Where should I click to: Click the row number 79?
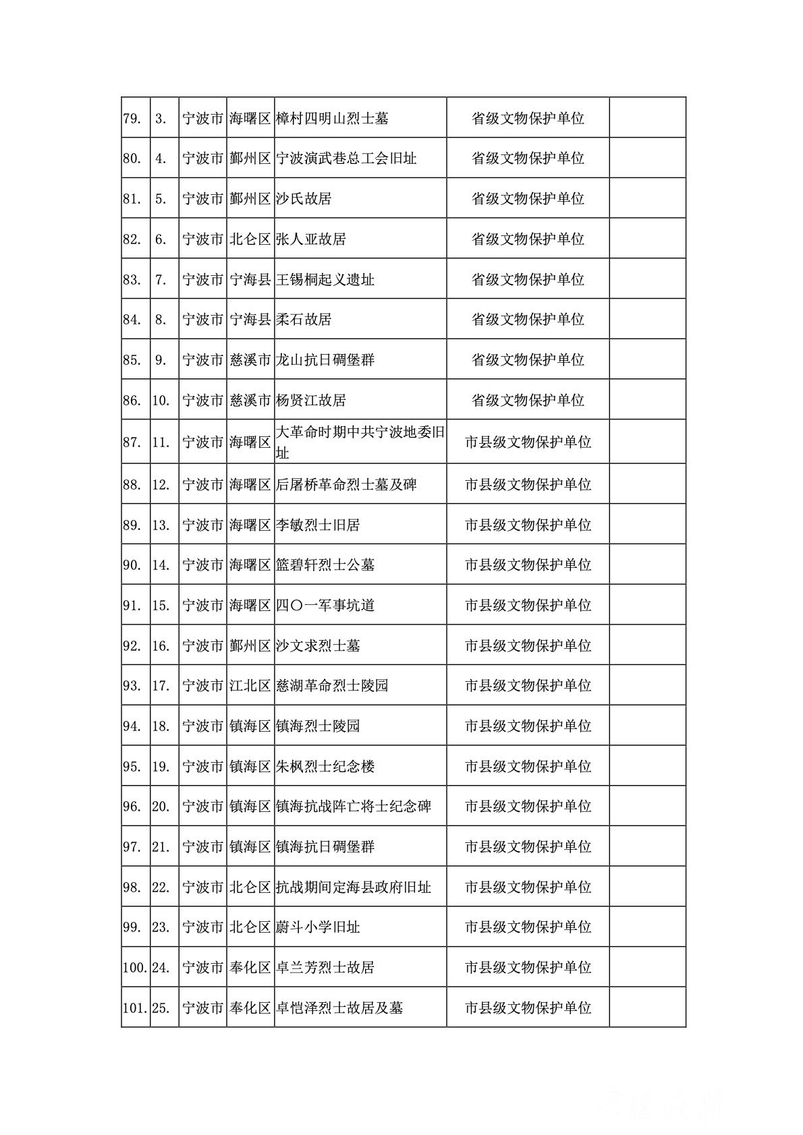point(132,119)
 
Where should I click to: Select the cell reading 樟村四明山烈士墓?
point(332,119)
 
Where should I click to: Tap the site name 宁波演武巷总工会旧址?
point(346,158)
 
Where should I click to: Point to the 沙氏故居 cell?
point(304,199)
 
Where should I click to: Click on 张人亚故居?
point(311,239)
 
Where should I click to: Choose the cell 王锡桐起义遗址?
point(325,279)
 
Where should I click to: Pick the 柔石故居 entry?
point(304,319)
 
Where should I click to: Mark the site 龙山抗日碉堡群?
point(325,359)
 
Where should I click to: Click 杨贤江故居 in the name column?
point(311,400)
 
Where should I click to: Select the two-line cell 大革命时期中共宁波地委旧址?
point(360,442)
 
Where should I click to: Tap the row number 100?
point(135,968)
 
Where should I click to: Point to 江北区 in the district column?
point(250,686)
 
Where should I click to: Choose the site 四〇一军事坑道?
point(325,605)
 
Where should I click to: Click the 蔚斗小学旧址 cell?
point(318,927)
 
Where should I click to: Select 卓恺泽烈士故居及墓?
point(339,1008)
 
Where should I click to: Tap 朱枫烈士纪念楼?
point(325,766)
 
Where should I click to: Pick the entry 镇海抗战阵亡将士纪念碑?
point(354,807)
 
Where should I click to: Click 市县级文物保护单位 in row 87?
point(528,442)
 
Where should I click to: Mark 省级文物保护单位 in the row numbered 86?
point(528,400)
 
